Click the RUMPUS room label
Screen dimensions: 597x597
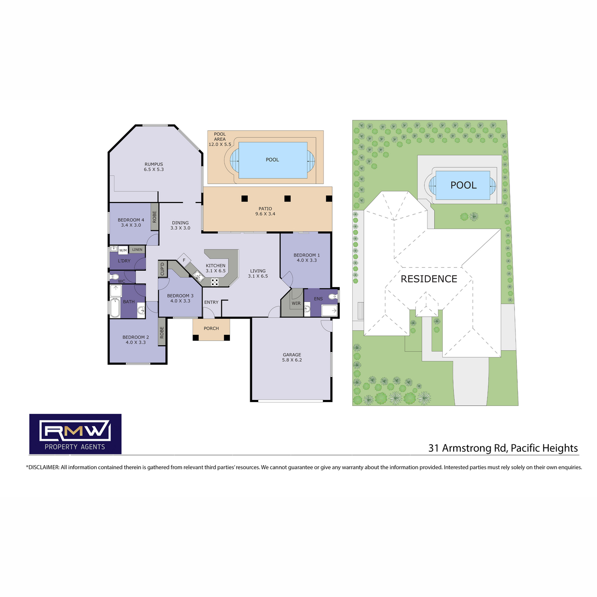154,164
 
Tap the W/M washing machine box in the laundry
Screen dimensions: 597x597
123,250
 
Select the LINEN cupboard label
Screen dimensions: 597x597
137,249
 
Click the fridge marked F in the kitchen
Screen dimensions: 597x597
184,260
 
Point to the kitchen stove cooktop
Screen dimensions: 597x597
215,282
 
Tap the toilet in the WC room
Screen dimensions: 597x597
114,277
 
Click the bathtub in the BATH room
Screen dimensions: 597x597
115,307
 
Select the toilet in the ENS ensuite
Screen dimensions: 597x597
333,297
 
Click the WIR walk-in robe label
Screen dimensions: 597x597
296,303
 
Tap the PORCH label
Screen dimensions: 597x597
211,328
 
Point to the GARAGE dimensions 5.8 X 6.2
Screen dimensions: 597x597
292,360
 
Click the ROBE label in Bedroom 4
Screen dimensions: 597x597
155,217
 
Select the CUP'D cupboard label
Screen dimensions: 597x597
162,269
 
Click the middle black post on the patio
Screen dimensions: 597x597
288,199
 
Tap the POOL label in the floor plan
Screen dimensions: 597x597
272,160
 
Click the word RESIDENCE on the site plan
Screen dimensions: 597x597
429,279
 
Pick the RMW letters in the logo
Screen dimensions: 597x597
75,431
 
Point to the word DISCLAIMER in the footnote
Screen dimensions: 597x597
44,467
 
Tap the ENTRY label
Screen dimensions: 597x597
211,302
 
